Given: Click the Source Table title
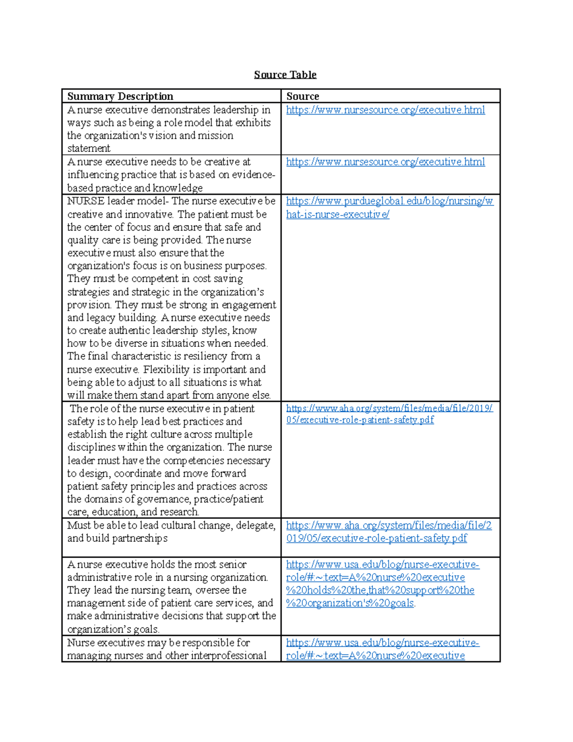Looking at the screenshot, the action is pyautogui.click(x=285, y=75).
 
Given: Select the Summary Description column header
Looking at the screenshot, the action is pyautogui.click(x=120, y=97).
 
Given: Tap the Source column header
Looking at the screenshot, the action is pyautogui.click(x=303, y=97).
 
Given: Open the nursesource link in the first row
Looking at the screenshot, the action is pyautogui.click(x=385, y=110).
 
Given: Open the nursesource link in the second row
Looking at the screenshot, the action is pyautogui.click(x=385, y=162).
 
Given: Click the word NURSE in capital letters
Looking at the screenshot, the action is pyautogui.click(x=85, y=201).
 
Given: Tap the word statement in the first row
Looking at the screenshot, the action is pyautogui.click(x=89, y=149).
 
